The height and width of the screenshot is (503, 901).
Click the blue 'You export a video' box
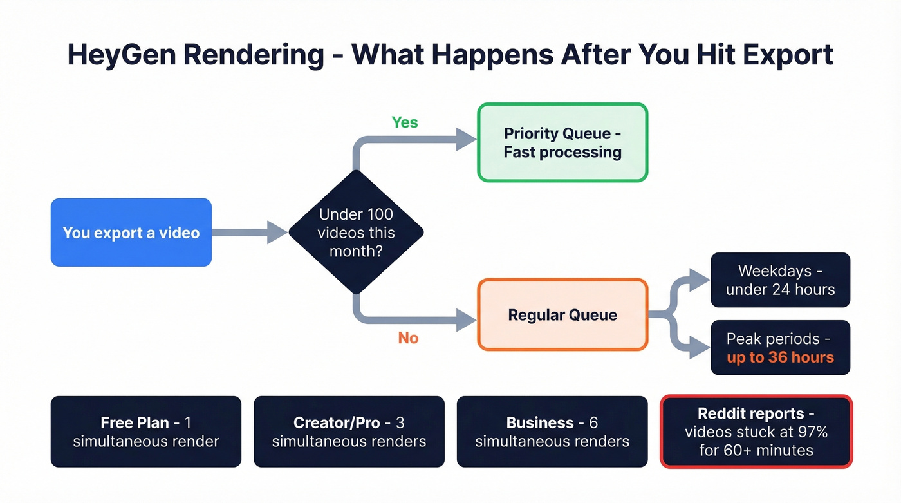pyautogui.click(x=131, y=233)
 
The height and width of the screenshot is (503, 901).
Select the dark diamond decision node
pyautogui.click(x=356, y=233)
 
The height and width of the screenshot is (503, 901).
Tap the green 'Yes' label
pyautogui.click(x=405, y=122)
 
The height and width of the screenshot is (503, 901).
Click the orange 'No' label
pyautogui.click(x=408, y=338)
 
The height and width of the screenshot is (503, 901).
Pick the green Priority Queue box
pyautogui.click(x=562, y=143)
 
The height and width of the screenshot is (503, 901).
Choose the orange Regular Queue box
pyautogui.click(x=562, y=315)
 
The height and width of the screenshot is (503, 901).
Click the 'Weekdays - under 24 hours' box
pyautogui.click(x=780, y=280)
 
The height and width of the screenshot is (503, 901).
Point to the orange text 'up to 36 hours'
pyautogui.click(x=780, y=357)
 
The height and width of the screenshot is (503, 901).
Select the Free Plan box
pyautogui.click(x=146, y=432)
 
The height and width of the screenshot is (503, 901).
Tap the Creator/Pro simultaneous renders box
pyautogui.click(x=349, y=432)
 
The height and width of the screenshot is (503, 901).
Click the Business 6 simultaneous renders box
pyautogui.click(x=552, y=432)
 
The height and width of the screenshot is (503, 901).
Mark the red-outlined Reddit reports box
pyautogui.click(x=756, y=432)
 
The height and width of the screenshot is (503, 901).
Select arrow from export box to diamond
pyautogui.click(x=248, y=233)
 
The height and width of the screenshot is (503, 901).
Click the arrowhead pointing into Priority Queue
pyautogui.click(x=466, y=138)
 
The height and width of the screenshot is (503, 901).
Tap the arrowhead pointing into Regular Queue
pyautogui.click(x=466, y=319)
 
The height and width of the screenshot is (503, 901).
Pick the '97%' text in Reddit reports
pyautogui.click(x=813, y=432)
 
